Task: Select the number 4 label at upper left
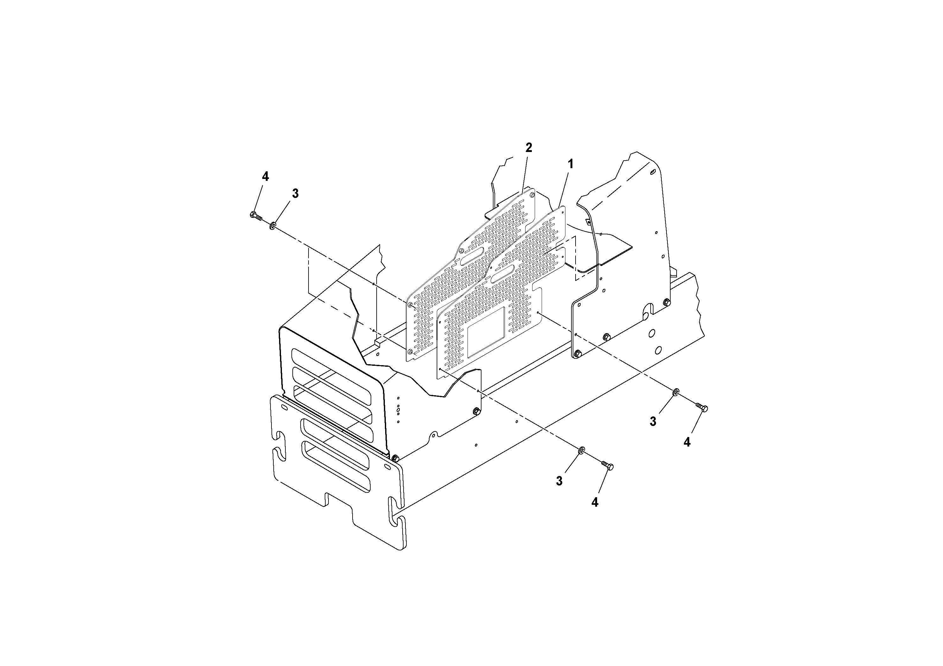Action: [265, 177]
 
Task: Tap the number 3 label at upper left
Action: [295, 194]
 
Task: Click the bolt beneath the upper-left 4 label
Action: [255, 216]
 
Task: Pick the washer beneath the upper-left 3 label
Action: [272, 225]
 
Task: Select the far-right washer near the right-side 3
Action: [675, 392]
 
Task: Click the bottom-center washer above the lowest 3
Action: [582, 451]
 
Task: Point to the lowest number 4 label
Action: [595, 502]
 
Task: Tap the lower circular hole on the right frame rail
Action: [658, 350]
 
